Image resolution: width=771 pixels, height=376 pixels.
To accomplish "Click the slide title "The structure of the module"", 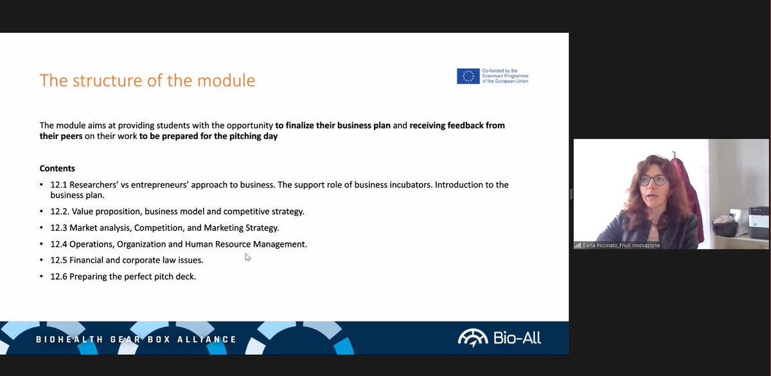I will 147,81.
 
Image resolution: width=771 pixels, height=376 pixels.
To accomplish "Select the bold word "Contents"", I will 57,168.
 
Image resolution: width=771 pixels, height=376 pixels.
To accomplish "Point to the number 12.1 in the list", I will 58,185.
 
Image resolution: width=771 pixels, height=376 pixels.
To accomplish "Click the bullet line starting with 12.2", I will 177,211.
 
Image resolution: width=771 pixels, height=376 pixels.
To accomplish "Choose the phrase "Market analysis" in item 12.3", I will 99,228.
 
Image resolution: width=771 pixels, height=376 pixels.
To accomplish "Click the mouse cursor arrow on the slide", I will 247,257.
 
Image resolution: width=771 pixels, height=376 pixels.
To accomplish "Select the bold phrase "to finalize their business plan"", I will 333,125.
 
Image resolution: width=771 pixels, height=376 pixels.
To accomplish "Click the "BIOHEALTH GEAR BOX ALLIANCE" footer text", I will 136,339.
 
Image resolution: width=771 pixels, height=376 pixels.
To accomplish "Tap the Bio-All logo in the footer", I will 499,337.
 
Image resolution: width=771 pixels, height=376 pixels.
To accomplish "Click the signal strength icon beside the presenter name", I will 578,246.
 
